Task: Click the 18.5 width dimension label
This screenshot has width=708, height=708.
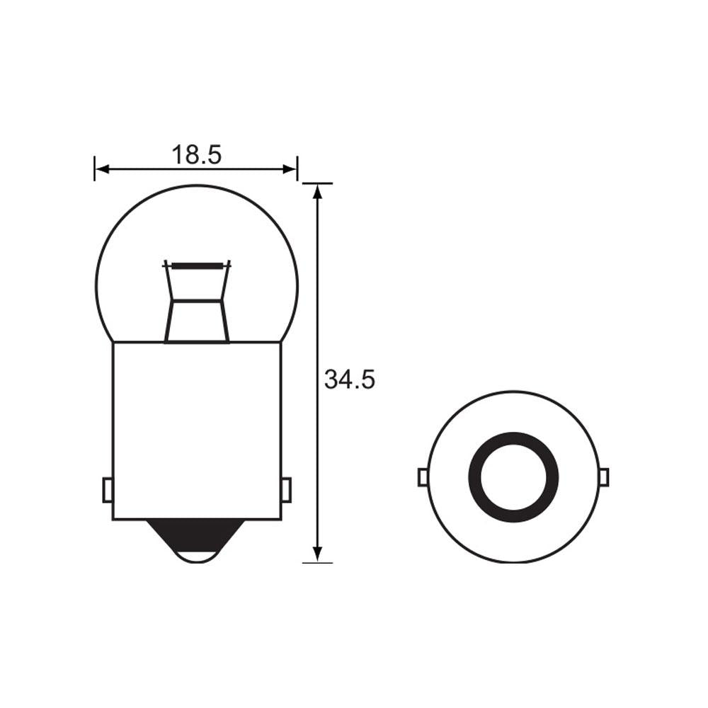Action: (x=196, y=154)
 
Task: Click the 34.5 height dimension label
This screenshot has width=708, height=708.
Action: (x=349, y=380)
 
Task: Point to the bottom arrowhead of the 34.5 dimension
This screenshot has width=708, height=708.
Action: (x=318, y=553)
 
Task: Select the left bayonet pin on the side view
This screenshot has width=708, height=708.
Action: (x=108, y=489)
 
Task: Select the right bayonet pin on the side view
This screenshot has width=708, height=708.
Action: (x=286, y=489)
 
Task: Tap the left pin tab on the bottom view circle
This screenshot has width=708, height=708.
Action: (x=423, y=477)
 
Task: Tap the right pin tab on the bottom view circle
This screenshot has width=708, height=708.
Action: (x=604, y=477)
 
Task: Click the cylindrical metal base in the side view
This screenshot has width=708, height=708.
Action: (x=197, y=425)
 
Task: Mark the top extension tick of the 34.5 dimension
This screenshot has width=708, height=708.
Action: (x=318, y=183)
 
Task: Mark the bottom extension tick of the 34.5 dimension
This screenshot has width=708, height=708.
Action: (x=318, y=563)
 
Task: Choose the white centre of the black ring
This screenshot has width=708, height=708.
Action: (x=513, y=476)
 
